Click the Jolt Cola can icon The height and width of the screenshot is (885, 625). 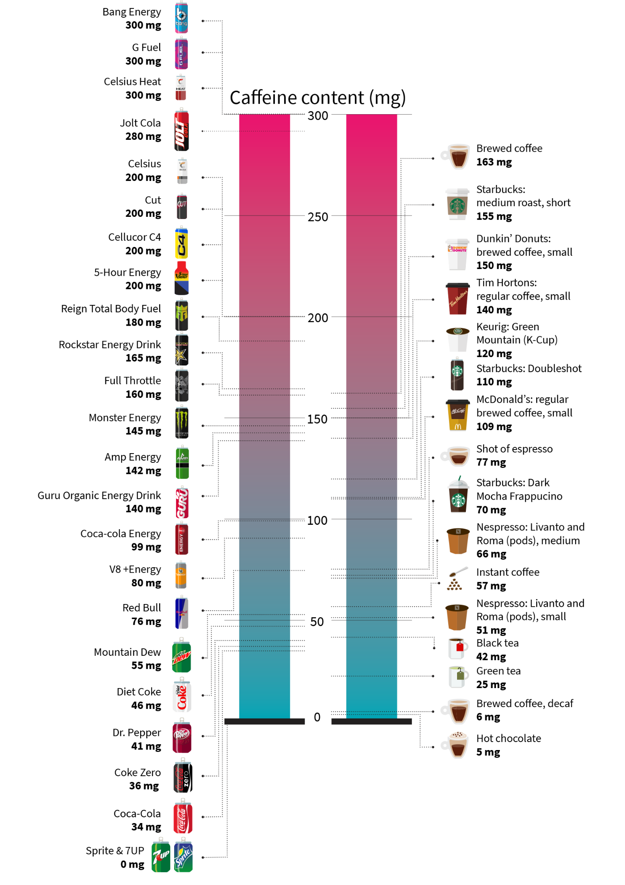pos(181,131)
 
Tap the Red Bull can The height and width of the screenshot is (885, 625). pos(181,613)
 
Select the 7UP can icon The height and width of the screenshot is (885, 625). pos(161,856)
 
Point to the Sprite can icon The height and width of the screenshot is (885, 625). pos(183,856)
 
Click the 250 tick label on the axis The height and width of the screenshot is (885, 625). pos(318,217)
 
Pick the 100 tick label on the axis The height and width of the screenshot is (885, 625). pos(317,520)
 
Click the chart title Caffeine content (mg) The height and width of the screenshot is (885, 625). pos(317,98)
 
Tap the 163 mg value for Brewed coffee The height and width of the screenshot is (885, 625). pos(494,162)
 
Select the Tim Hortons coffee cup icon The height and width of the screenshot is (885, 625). pos(457,298)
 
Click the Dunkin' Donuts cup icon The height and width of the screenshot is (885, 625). pos(457,254)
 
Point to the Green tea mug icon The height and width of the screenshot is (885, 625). pos(458,677)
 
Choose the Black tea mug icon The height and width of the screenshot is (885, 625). pos(458,648)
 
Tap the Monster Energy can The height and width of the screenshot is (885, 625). pos(182,423)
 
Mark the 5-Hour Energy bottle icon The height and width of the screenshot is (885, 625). pos(181,278)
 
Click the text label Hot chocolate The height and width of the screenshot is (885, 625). pos(508,739)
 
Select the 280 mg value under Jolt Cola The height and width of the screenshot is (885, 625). pos(143,137)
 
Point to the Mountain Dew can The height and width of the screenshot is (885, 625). pos(181,656)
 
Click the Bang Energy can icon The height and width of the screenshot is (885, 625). pos(181,18)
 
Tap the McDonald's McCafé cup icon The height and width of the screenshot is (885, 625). pos(457,415)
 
